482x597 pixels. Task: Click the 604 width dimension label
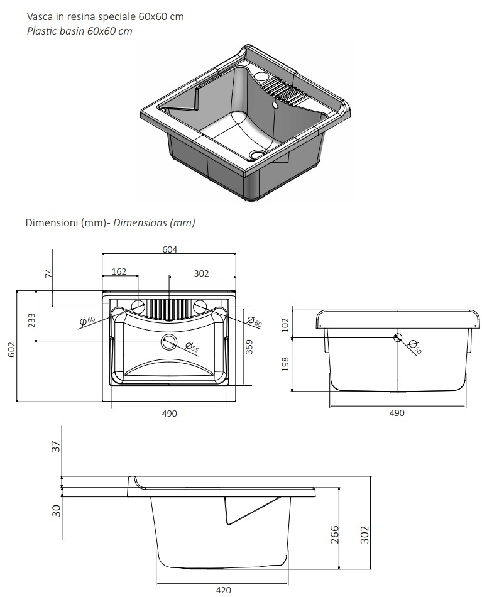pos(170,249)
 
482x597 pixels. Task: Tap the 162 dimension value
pos(119,271)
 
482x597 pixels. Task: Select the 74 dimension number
pos(49,273)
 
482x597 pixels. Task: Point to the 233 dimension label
pos(31,320)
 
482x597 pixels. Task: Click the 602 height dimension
pos(12,349)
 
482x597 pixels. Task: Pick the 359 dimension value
pos(249,347)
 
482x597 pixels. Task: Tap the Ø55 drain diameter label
pos(192,348)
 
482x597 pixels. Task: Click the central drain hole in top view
pos(168,342)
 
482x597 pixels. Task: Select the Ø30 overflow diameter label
pos(415,346)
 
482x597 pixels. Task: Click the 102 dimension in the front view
pos(285,325)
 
